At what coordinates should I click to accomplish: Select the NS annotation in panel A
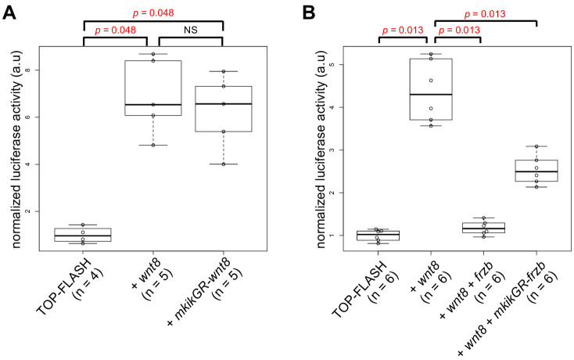tap(190, 30)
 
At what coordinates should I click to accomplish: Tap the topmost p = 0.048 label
tap(152, 13)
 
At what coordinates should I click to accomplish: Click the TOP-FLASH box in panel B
tap(378, 235)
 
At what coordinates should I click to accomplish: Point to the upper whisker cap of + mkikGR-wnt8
tap(223, 71)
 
